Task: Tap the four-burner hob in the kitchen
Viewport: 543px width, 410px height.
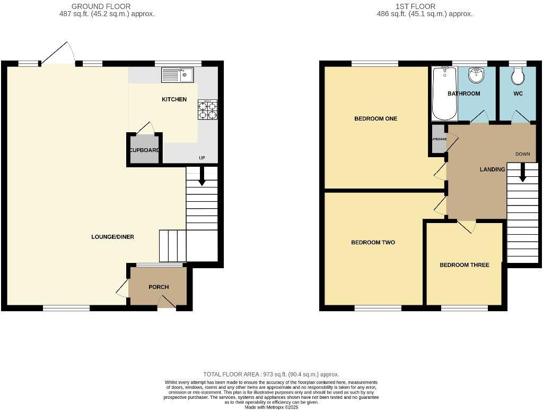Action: (207, 109)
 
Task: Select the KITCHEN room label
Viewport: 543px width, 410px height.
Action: (174, 99)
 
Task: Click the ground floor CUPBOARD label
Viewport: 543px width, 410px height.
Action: (144, 150)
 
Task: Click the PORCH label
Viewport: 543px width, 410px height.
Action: (159, 287)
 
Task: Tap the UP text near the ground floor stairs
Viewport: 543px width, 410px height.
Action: (202, 158)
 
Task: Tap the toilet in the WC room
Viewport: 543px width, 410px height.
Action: (518, 76)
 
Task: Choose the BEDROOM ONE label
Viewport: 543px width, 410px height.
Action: (375, 118)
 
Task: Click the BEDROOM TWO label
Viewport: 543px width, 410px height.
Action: (373, 243)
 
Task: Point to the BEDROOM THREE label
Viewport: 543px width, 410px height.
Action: (464, 265)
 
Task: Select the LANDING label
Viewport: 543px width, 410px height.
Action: (492, 169)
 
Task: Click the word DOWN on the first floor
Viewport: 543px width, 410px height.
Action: (522, 155)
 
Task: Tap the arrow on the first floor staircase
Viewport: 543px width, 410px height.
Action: (522, 173)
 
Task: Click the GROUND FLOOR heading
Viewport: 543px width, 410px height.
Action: (101, 6)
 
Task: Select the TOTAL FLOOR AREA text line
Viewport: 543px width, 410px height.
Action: (271, 374)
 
